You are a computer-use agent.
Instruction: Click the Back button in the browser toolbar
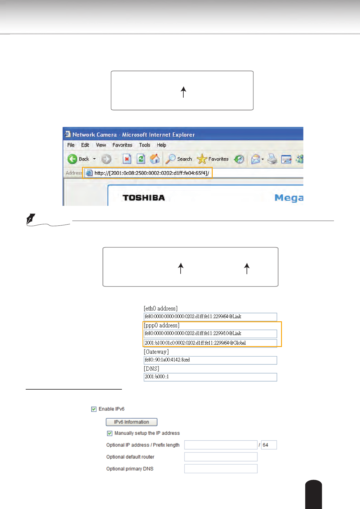[78, 159]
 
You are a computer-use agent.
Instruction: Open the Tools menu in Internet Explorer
[145, 145]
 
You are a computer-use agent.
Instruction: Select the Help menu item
[161, 145]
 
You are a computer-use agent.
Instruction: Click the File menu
[71, 145]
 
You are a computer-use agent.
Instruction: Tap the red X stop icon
[127, 159]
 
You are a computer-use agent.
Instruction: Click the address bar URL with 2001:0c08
[152, 173]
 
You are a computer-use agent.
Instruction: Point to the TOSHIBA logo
[144, 198]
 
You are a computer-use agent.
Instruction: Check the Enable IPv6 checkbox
[94, 409]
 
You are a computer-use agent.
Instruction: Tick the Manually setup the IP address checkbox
[110, 433]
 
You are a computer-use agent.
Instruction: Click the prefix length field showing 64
[269, 445]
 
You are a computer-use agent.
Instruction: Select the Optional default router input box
[221, 457]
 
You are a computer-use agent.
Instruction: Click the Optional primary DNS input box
[221, 469]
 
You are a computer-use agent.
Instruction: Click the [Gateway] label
[156, 352]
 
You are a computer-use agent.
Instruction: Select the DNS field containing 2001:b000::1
[210, 377]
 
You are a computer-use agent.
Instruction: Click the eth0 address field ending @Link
[210, 317]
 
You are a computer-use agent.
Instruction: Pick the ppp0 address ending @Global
[210, 343]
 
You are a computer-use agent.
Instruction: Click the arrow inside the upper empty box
[183, 92]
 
